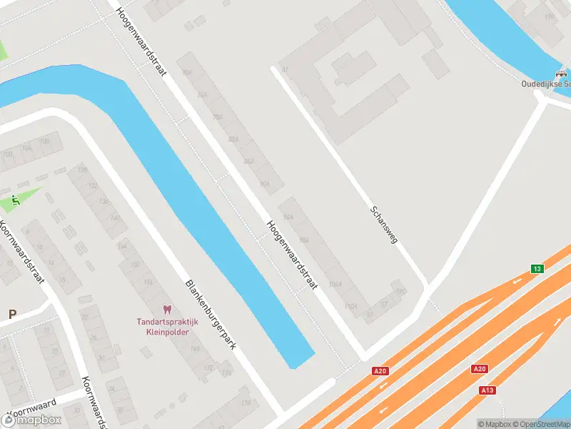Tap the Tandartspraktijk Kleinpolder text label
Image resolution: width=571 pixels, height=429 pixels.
point(168,327)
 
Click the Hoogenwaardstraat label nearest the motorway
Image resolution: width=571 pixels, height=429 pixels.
point(291,254)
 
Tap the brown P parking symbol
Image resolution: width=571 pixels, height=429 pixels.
point(12,314)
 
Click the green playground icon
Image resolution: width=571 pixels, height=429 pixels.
point(16,200)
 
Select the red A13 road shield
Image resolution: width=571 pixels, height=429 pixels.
point(487,390)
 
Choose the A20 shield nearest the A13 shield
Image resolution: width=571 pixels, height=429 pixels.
point(479,369)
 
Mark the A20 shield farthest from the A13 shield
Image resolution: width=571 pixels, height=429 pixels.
point(380,371)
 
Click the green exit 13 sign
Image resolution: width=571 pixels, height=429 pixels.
point(536,269)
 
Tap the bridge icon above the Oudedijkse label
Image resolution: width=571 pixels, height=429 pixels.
point(562,74)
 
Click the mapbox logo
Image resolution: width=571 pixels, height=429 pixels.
point(34,419)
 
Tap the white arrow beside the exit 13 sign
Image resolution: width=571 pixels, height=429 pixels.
point(517,281)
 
